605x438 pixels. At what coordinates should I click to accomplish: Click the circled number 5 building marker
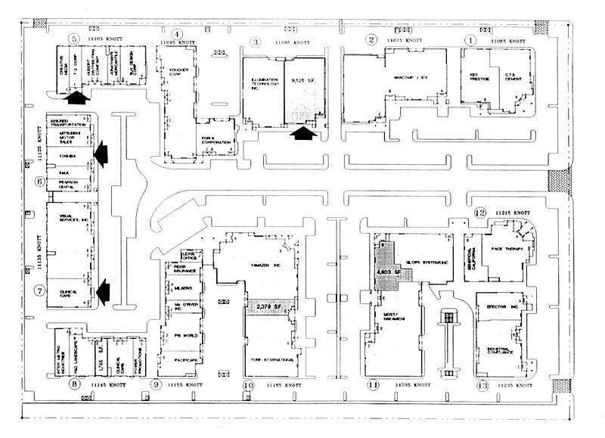click(73, 39)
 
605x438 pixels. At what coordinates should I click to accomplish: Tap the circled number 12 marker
click(479, 213)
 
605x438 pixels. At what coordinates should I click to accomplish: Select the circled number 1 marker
click(470, 39)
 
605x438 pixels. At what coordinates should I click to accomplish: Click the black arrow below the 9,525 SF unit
click(302, 134)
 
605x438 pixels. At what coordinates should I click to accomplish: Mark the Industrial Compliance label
click(499, 349)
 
